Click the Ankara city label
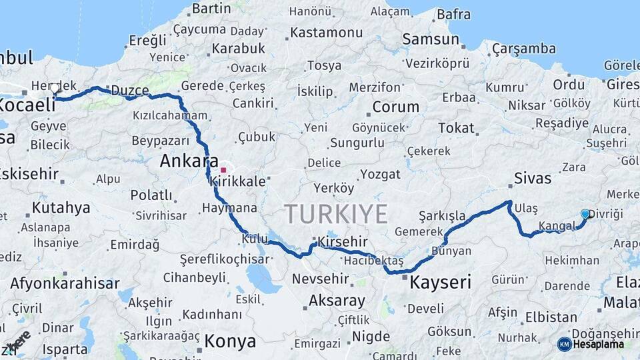(x=189, y=161)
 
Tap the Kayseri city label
(x=440, y=282)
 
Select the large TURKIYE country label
(x=336, y=215)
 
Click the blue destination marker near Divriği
(x=585, y=214)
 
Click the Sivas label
(x=533, y=178)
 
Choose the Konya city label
(x=230, y=341)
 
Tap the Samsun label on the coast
(x=431, y=39)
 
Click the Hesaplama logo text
(x=598, y=345)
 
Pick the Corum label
(x=395, y=107)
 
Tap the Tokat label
(x=456, y=128)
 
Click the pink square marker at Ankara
(x=223, y=170)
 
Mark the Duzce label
(x=130, y=90)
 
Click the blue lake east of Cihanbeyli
(x=263, y=279)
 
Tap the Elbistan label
(x=551, y=317)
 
